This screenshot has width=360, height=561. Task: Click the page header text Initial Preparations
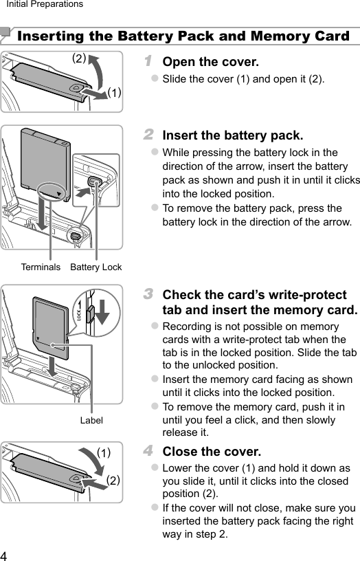pyautogui.click(x=45, y=5)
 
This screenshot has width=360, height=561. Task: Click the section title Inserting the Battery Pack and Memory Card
pyautogui.click(x=183, y=36)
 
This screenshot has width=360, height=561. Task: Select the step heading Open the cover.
pyautogui.click(x=210, y=63)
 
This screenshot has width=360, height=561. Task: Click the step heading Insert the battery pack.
pyautogui.click(x=232, y=135)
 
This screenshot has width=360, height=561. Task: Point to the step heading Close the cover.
pyautogui.click(x=212, y=452)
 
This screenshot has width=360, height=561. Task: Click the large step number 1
pyautogui.click(x=148, y=62)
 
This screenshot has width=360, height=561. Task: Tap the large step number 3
pyautogui.click(x=148, y=295)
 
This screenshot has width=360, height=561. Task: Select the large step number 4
pyautogui.click(x=148, y=452)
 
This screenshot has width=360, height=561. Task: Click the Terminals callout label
pyautogui.click(x=41, y=267)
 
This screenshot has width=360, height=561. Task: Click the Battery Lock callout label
pyautogui.click(x=96, y=267)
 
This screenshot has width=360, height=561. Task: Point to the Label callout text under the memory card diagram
pyautogui.click(x=91, y=419)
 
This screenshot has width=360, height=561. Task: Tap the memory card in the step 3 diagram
pyautogui.click(x=52, y=327)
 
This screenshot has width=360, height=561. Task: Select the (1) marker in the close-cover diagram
pyautogui.click(x=103, y=452)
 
